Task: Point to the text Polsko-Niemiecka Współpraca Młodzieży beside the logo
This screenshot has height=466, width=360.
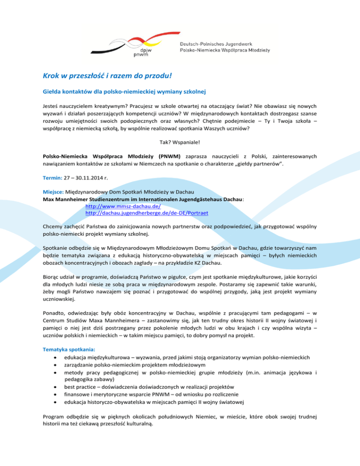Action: coord(228,50)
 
